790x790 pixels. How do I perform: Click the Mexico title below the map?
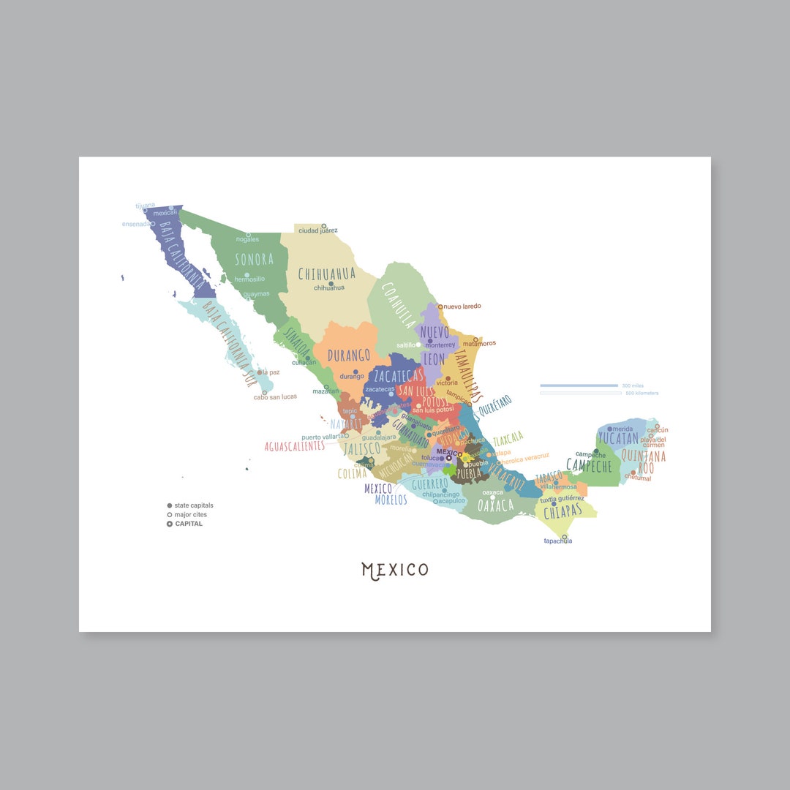395,570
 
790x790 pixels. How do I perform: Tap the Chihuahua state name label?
326,274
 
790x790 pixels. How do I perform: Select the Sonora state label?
254,259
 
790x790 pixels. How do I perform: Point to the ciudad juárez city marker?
324,226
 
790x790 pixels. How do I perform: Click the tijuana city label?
146,206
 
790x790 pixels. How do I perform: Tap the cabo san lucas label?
275,396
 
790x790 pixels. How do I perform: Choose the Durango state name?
348,356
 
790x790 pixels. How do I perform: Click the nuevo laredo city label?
462,306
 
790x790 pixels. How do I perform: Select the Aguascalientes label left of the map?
294,445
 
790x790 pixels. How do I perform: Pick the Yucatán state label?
618,439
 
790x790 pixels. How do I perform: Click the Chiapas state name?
562,513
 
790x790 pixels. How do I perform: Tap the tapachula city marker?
564,536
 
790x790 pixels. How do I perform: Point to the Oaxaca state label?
495,505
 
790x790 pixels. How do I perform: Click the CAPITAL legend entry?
188,524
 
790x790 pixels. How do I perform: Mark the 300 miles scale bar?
579,385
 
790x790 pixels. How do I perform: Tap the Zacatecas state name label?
397,376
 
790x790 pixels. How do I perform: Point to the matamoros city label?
479,343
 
